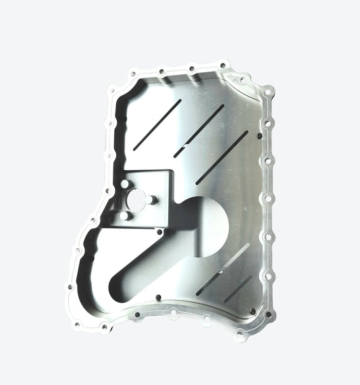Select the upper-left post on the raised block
(125, 183)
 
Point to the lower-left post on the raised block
(125, 216)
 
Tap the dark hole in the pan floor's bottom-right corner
(251, 311)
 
